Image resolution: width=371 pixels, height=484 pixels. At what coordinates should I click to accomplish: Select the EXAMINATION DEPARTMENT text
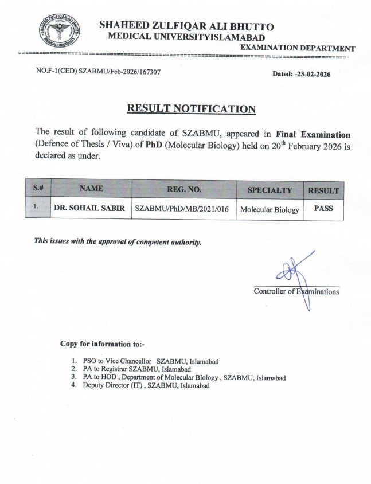coord(298,49)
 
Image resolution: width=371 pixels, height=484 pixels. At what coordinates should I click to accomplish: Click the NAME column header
coord(91,188)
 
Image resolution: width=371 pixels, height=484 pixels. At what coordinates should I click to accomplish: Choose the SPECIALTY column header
coord(270,190)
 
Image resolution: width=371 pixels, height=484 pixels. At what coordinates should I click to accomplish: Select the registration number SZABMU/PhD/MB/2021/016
coord(182,209)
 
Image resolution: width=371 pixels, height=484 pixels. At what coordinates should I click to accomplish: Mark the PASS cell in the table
coord(323,209)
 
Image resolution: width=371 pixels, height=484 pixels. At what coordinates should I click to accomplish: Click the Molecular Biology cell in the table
coord(270,210)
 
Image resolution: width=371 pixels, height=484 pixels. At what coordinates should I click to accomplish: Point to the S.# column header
coord(36,188)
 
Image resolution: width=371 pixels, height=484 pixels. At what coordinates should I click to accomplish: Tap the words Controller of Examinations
coord(296,292)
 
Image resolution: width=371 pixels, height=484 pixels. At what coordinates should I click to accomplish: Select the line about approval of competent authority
coord(118,241)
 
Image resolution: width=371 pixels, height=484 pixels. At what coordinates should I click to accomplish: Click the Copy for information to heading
coord(103,344)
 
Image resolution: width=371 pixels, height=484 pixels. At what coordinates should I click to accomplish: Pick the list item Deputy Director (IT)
coord(140,387)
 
